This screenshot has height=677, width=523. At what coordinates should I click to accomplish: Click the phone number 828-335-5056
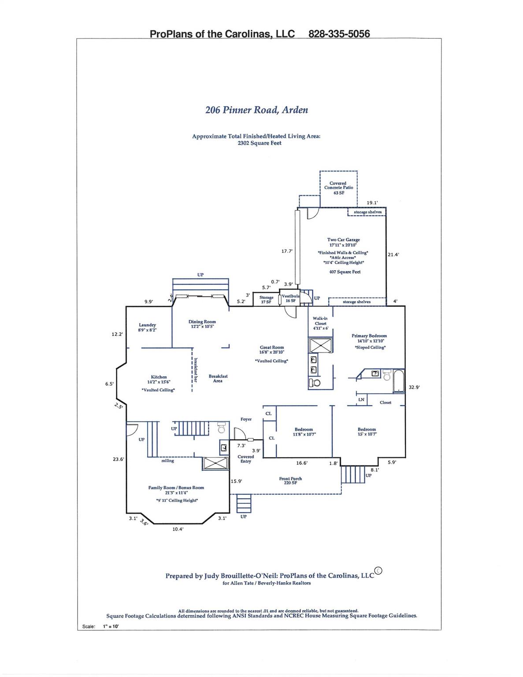(x=339, y=34)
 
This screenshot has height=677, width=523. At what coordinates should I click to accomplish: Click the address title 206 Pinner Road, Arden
(x=256, y=110)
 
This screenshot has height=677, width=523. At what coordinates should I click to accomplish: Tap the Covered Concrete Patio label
(x=338, y=188)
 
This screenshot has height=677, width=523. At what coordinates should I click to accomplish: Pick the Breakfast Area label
(x=218, y=379)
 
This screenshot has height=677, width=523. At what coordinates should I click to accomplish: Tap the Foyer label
(x=246, y=419)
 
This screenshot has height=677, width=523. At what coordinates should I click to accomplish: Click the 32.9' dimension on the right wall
(x=414, y=387)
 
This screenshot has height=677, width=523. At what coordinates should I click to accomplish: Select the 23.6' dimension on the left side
(x=119, y=459)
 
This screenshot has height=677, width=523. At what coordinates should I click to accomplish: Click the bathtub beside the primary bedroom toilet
(x=398, y=380)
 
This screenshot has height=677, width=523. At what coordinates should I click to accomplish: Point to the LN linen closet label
(x=361, y=400)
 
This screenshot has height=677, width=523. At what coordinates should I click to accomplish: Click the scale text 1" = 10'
(x=111, y=626)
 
